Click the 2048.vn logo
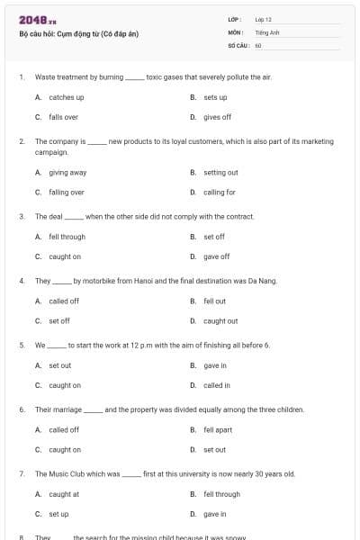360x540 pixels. (x=37, y=20)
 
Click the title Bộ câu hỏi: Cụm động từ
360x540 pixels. (x=78, y=34)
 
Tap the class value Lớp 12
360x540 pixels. (x=264, y=19)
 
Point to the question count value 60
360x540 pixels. (x=258, y=44)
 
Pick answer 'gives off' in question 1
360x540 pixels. (x=217, y=117)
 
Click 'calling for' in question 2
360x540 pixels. (x=219, y=192)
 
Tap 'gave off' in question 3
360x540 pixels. (x=216, y=256)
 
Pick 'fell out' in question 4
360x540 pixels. (x=214, y=301)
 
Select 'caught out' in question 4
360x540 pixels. (x=220, y=320)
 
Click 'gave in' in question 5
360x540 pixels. (x=214, y=365)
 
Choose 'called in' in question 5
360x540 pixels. (x=216, y=385)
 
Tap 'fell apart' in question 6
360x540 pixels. (x=218, y=430)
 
